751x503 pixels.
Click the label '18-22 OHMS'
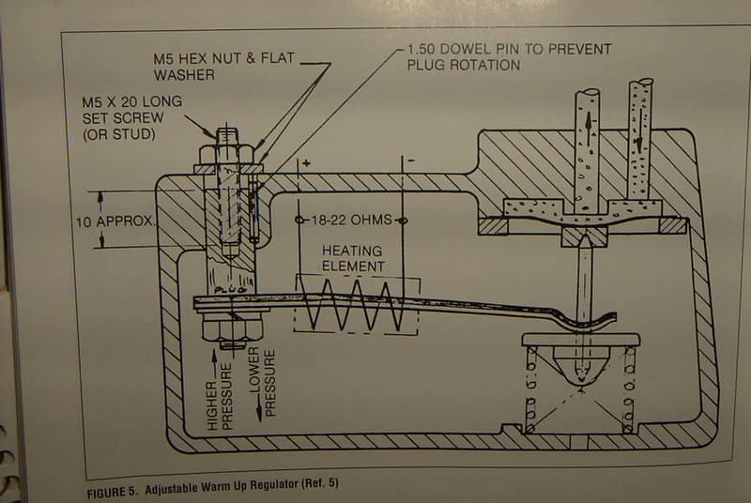[351, 220]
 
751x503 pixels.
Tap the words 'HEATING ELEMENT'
[353, 258]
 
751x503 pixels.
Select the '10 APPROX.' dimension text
[115, 221]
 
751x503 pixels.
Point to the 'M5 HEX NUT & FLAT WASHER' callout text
[223, 67]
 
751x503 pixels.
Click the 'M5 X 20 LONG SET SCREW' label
[131, 110]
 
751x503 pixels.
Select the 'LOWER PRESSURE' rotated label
[263, 382]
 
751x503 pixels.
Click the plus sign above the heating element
[306, 163]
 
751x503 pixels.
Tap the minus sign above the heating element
[411, 160]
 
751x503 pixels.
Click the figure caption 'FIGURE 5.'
[113, 493]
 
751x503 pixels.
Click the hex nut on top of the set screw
[225, 154]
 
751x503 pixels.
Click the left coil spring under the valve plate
[531, 389]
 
